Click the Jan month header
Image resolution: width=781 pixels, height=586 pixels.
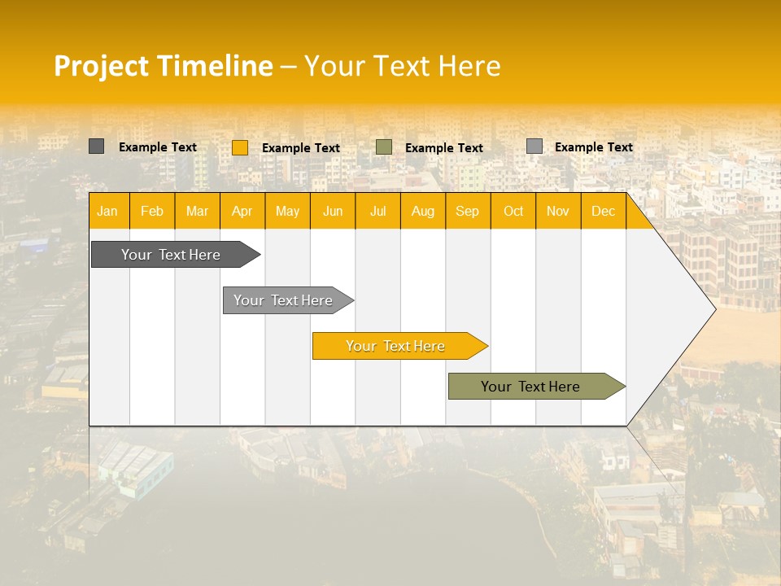click(107, 212)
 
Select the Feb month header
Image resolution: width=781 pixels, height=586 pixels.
click(152, 212)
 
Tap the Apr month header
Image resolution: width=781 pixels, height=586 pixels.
click(242, 212)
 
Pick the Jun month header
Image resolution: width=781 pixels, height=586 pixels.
click(333, 212)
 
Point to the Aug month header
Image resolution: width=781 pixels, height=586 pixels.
click(422, 212)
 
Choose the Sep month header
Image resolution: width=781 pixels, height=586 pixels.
click(467, 212)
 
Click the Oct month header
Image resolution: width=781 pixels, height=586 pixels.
click(513, 212)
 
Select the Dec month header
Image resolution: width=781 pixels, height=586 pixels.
click(603, 212)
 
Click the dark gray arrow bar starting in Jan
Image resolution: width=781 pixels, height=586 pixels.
click(171, 255)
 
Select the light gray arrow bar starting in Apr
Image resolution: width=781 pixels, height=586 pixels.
click(283, 300)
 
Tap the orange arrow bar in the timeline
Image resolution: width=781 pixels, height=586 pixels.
click(395, 346)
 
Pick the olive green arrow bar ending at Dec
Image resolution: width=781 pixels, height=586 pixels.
click(530, 387)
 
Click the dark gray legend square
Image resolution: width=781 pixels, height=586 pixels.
click(97, 146)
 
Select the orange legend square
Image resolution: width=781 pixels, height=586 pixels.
click(240, 147)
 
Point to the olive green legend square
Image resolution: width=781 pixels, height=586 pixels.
click(384, 146)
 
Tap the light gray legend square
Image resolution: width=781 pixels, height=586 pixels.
click(534, 146)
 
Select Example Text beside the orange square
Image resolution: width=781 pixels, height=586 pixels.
click(300, 148)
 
